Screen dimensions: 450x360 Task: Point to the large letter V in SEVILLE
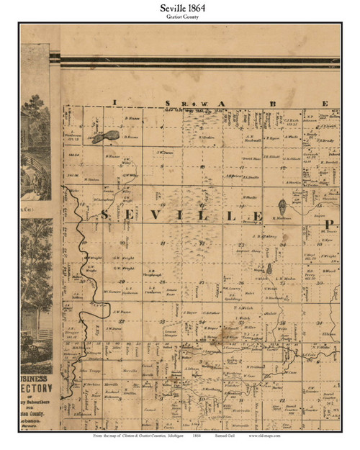click(x=165, y=215)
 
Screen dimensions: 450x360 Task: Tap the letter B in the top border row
click(x=272, y=103)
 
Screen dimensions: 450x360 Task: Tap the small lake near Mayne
click(x=268, y=269)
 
